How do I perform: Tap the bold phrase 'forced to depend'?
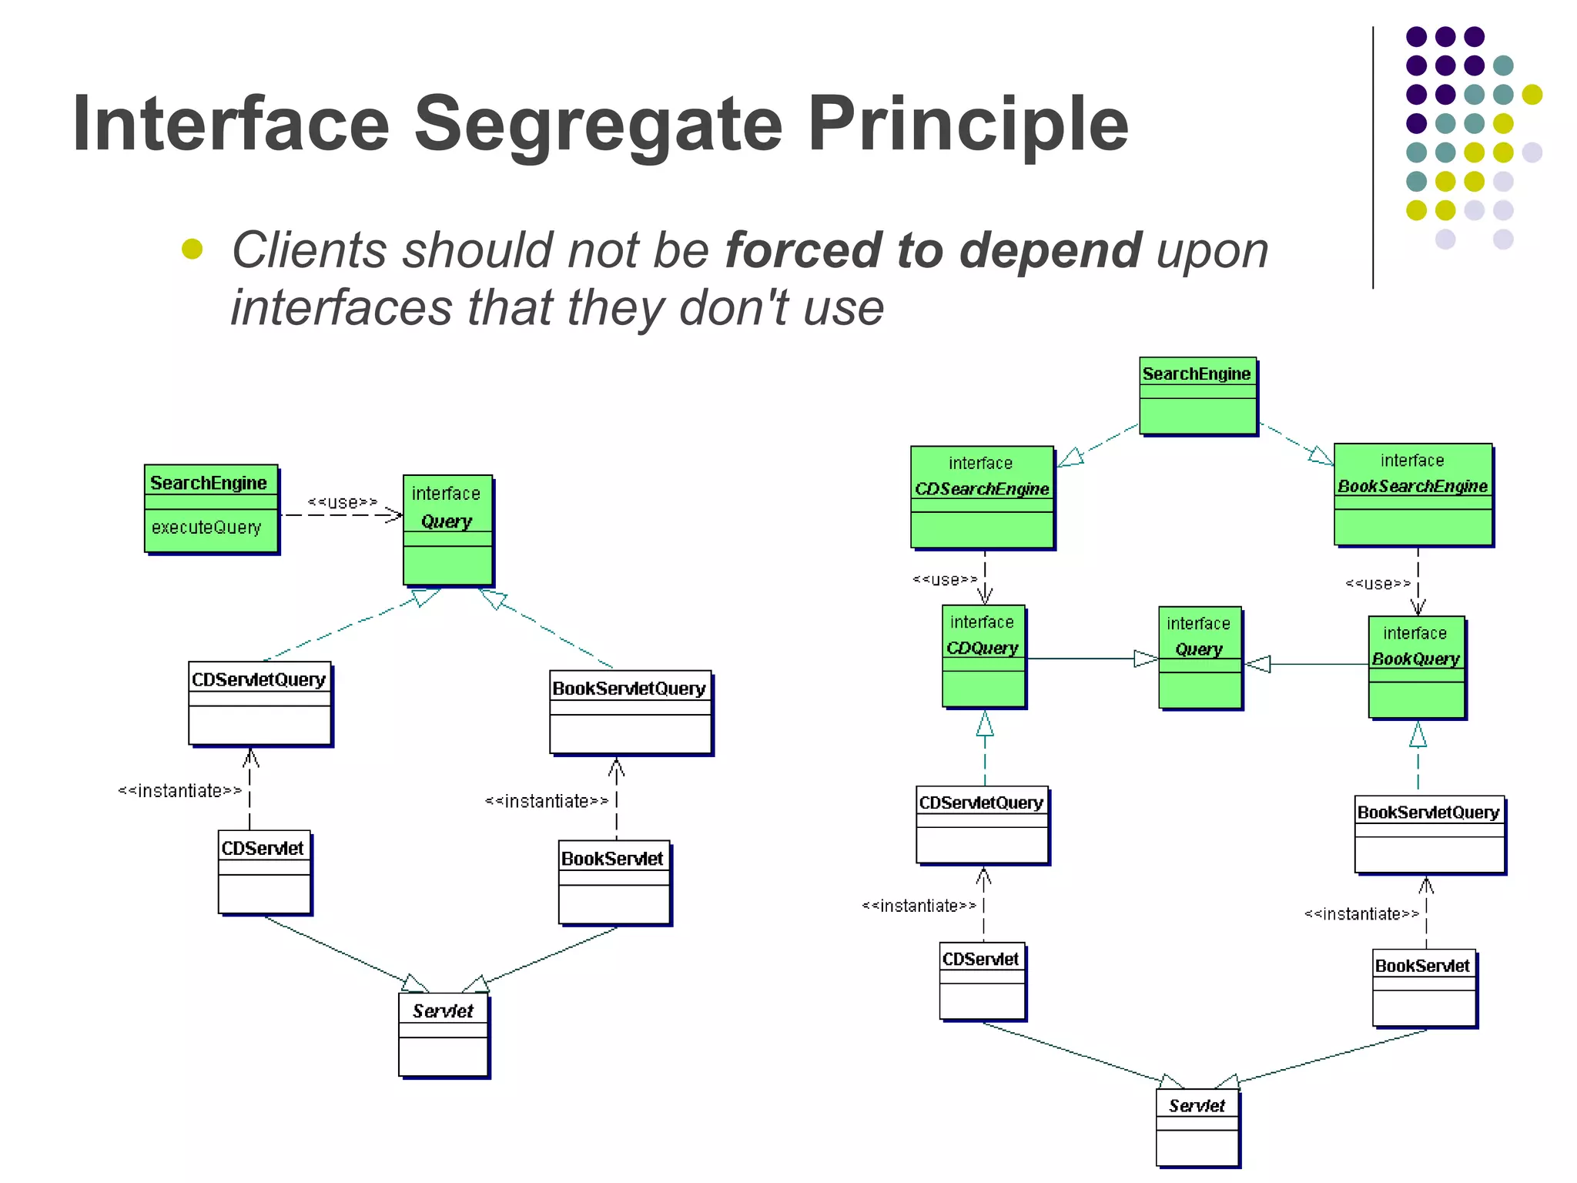932,250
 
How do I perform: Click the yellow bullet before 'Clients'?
192,249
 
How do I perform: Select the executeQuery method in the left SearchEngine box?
206,528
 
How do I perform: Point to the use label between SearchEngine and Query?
343,503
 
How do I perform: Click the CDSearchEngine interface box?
982,497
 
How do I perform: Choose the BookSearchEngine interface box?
1413,494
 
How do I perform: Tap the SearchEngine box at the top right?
1197,395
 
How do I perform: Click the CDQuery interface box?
983,656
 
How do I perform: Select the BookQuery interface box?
1416,667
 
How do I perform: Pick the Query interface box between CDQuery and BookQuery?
1200,658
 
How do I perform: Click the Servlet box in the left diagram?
444,1034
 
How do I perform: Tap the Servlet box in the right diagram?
1197,1128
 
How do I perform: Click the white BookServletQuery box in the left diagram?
630,712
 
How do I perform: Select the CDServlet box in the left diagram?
264,872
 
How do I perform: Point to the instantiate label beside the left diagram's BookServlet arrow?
547,802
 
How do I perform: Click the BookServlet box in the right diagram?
1424,988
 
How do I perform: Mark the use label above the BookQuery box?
1378,584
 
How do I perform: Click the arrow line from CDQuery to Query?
1082,659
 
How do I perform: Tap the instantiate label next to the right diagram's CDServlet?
919,906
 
